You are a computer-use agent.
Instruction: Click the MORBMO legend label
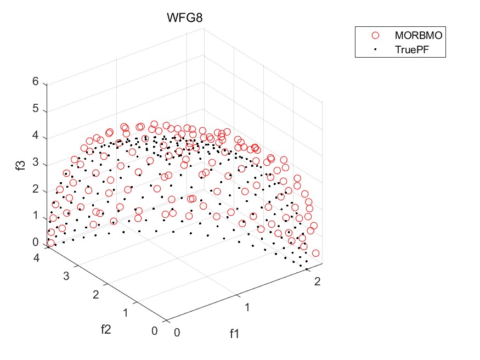[x=418, y=35]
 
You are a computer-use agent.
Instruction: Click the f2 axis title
[x=106, y=329]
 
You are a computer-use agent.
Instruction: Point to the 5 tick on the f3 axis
[x=36, y=109]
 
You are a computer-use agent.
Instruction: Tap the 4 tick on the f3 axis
[x=36, y=136]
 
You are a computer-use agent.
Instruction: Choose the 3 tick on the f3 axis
[x=36, y=162]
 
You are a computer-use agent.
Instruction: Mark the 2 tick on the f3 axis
[x=36, y=189]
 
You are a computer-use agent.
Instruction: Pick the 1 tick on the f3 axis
[x=36, y=216]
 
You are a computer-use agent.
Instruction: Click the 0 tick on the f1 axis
[x=176, y=332]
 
